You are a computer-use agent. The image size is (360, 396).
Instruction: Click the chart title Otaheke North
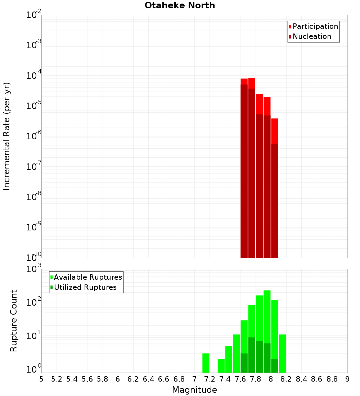pos(180,5)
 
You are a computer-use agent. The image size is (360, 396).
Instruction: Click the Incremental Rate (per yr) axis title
pos(7,136)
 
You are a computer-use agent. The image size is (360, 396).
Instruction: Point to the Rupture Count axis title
pos(14,320)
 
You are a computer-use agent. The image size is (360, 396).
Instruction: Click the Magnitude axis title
pos(194,390)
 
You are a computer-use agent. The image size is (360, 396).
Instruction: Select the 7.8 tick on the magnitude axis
pos(256,379)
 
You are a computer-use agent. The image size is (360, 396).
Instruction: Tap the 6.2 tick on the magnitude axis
pos(133,379)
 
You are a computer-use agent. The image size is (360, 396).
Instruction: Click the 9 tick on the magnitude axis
pos(347,379)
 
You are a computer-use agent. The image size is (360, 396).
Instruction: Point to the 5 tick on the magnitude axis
pos(41,379)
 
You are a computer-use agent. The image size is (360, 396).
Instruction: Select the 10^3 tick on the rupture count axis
pos(35,269)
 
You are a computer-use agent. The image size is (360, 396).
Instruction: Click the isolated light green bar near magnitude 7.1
pos(206,363)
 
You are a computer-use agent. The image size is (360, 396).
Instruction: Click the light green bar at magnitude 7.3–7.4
pos(221,366)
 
